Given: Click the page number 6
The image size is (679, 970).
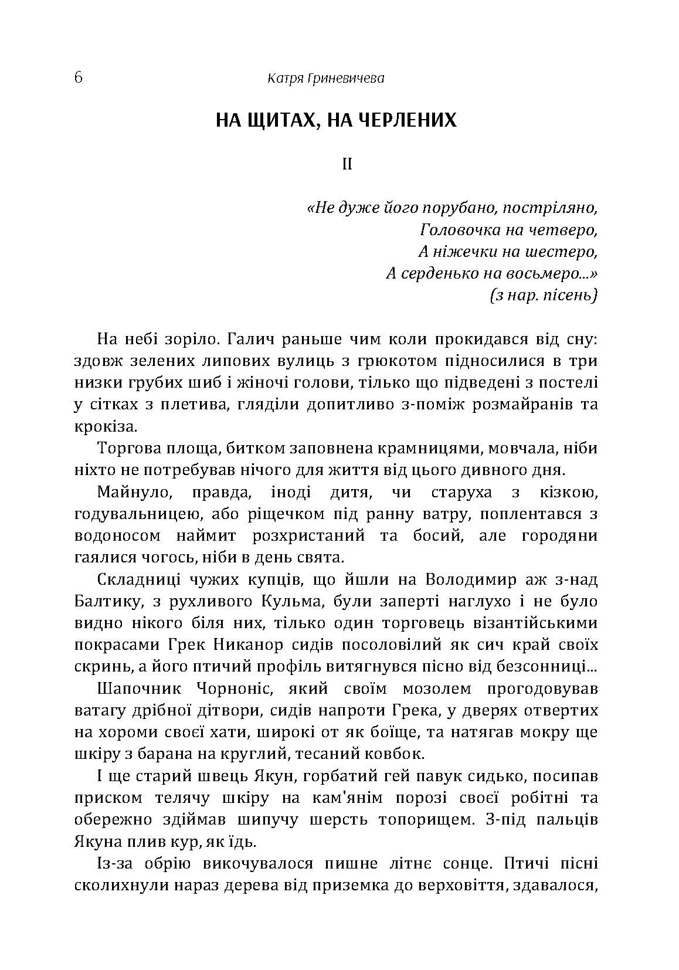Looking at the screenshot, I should point(79,77).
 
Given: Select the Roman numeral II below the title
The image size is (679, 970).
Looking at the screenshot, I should point(347,164).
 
